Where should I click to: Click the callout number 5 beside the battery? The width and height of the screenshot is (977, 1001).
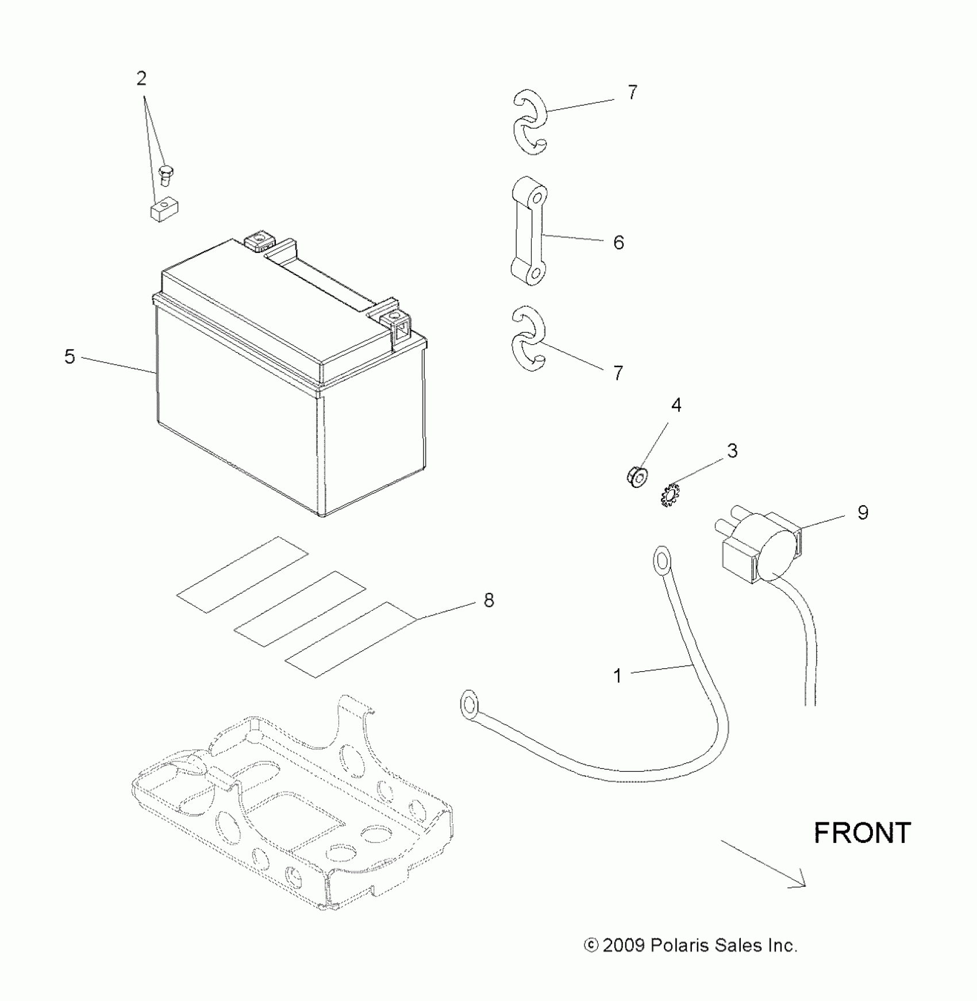click(x=70, y=357)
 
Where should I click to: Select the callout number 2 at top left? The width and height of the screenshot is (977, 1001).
click(x=141, y=79)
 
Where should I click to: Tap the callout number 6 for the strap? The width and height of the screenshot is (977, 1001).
click(x=618, y=242)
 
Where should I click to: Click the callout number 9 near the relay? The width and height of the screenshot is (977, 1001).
click(x=863, y=513)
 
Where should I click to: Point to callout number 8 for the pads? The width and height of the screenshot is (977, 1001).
click(x=488, y=600)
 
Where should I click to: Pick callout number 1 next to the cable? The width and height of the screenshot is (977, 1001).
click(x=618, y=676)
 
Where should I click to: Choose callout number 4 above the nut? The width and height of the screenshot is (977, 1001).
click(x=676, y=406)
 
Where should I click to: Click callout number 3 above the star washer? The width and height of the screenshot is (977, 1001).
click(x=732, y=451)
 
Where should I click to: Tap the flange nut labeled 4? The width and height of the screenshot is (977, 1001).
click(x=636, y=477)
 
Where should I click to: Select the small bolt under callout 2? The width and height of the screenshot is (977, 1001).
click(x=166, y=173)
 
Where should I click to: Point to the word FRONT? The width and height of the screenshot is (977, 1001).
click(x=862, y=833)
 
